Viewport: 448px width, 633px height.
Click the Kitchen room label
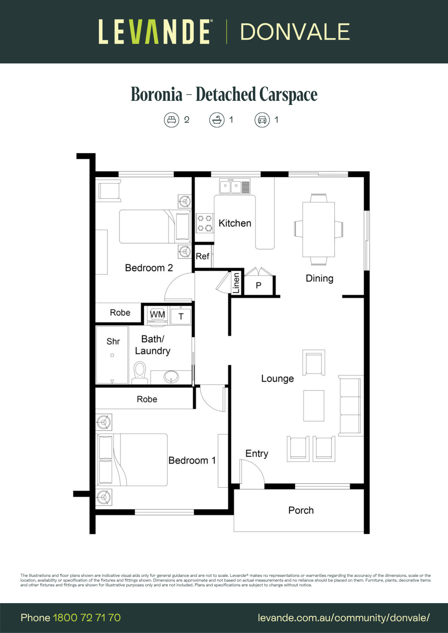click(x=235, y=223)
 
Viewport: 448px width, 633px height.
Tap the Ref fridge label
click(x=202, y=256)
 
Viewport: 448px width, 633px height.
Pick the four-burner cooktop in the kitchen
click(x=205, y=223)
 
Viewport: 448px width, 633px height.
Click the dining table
click(x=318, y=229)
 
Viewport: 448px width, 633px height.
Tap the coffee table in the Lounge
click(x=314, y=406)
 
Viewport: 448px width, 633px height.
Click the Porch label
click(x=301, y=510)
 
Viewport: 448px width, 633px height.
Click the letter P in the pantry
click(x=258, y=285)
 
